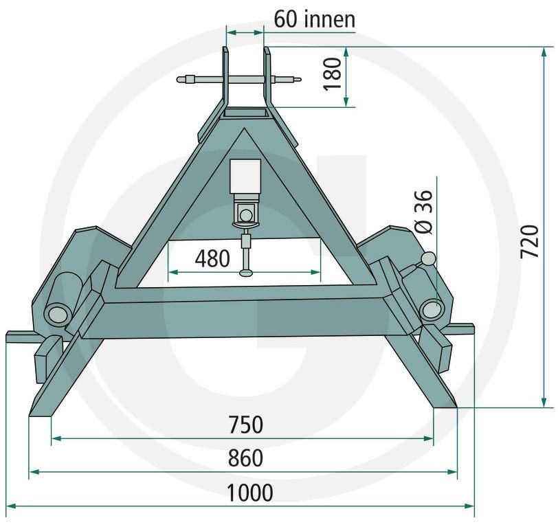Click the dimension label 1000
click(x=250, y=493)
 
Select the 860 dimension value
click(x=245, y=458)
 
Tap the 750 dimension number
click(x=246, y=425)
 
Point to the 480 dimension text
click(x=212, y=258)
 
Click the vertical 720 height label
click(x=530, y=242)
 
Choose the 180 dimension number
click(x=333, y=74)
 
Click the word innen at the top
click(x=330, y=19)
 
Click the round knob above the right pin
click(x=429, y=258)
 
